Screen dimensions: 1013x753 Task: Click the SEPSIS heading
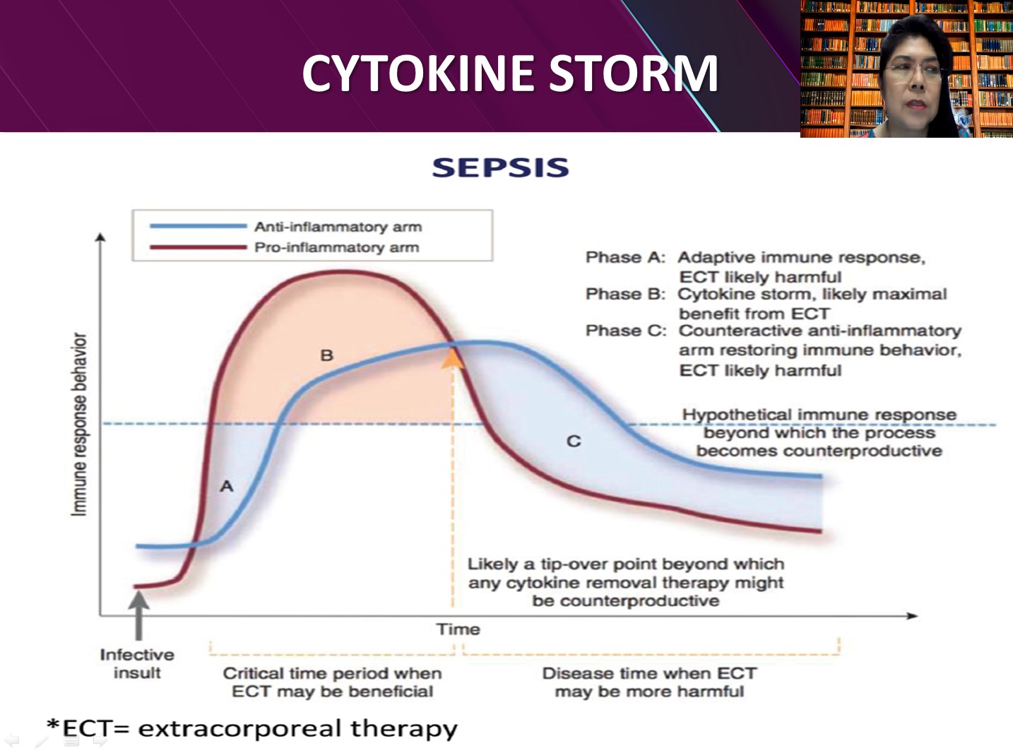click(x=501, y=167)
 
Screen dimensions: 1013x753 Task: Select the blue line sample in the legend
click(x=199, y=226)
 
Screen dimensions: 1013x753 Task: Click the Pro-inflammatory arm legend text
click(x=336, y=247)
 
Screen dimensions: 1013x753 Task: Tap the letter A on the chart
click(x=227, y=486)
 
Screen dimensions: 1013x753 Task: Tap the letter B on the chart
click(x=326, y=355)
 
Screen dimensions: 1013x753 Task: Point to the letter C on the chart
click(x=574, y=441)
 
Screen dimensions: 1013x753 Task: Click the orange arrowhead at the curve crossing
click(x=453, y=357)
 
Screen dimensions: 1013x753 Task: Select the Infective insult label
click(x=137, y=663)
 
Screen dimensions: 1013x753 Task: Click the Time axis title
click(x=458, y=629)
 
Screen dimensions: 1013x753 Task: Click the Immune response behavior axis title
click(x=79, y=425)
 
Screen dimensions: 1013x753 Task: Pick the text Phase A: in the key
click(x=626, y=258)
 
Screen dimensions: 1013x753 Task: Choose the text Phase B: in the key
click(x=626, y=294)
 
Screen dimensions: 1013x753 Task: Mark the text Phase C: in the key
click(x=626, y=331)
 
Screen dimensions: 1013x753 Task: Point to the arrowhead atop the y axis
click(x=101, y=237)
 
